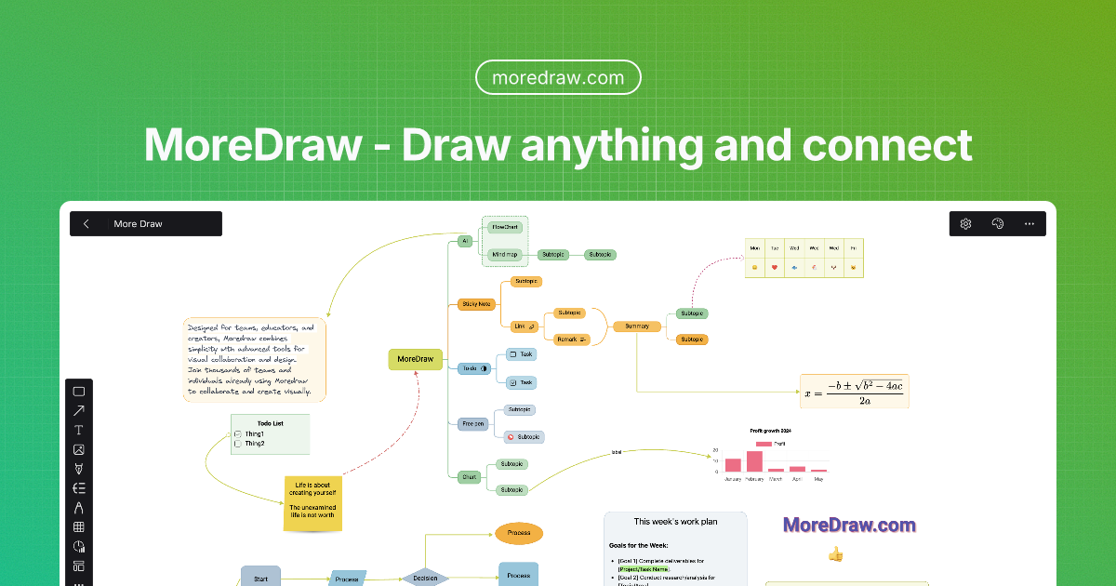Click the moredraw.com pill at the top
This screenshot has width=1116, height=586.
pyautogui.click(x=558, y=77)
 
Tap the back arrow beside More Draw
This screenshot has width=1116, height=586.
pyautogui.click(x=86, y=223)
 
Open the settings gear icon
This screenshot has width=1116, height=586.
pyautogui.click(x=966, y=223)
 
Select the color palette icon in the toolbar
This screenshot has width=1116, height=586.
pyautogui.click(x=998, y=223)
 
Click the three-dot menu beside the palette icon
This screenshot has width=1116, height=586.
pyautogui.click(x=1029, y=223)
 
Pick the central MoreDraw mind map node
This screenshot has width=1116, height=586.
pyautogui.click(x=415, y=359)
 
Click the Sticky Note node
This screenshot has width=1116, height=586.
pyautogui.click(x=476, y=303)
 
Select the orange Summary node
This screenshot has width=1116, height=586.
pyautogui.click(x=637, y=326)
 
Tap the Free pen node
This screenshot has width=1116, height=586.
pyautogui.click(x=473, y=423)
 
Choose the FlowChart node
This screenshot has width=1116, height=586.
pyautogui.click(x=505, y=227)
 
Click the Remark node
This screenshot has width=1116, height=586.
pyautogui.click(x=572, y=340)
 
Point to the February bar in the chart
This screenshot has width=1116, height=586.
pyautogui.click(x=754, y=461)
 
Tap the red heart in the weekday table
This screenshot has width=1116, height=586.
pyautogui.click(x=775, y=268)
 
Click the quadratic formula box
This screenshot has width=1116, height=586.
pyautogui.click(x=854, y=391)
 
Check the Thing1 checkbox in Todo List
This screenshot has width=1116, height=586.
pyautogui.click(x=238, y=434)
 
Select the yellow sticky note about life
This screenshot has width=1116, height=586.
pyautogui.click(x=312, y=504)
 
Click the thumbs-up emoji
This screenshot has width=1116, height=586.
pyautogui.click(x=835, y=554)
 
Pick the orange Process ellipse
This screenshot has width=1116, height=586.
pyautogui.click(x=519, y=533)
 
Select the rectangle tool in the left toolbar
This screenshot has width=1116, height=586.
pyautogui.click(x=79, y=392)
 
